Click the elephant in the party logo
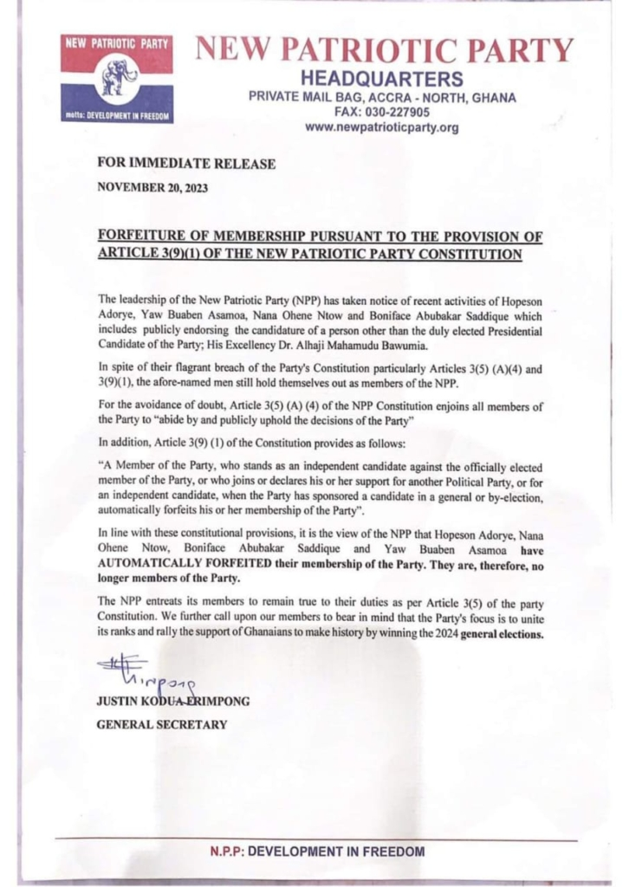[x=119, y=78]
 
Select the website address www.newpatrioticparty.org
[x=381, y=127]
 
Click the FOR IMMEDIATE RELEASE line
[x=186, y=164]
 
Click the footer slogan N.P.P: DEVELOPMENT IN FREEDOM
[x=317, y=851]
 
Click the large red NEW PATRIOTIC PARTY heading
[x=385, y=49]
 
